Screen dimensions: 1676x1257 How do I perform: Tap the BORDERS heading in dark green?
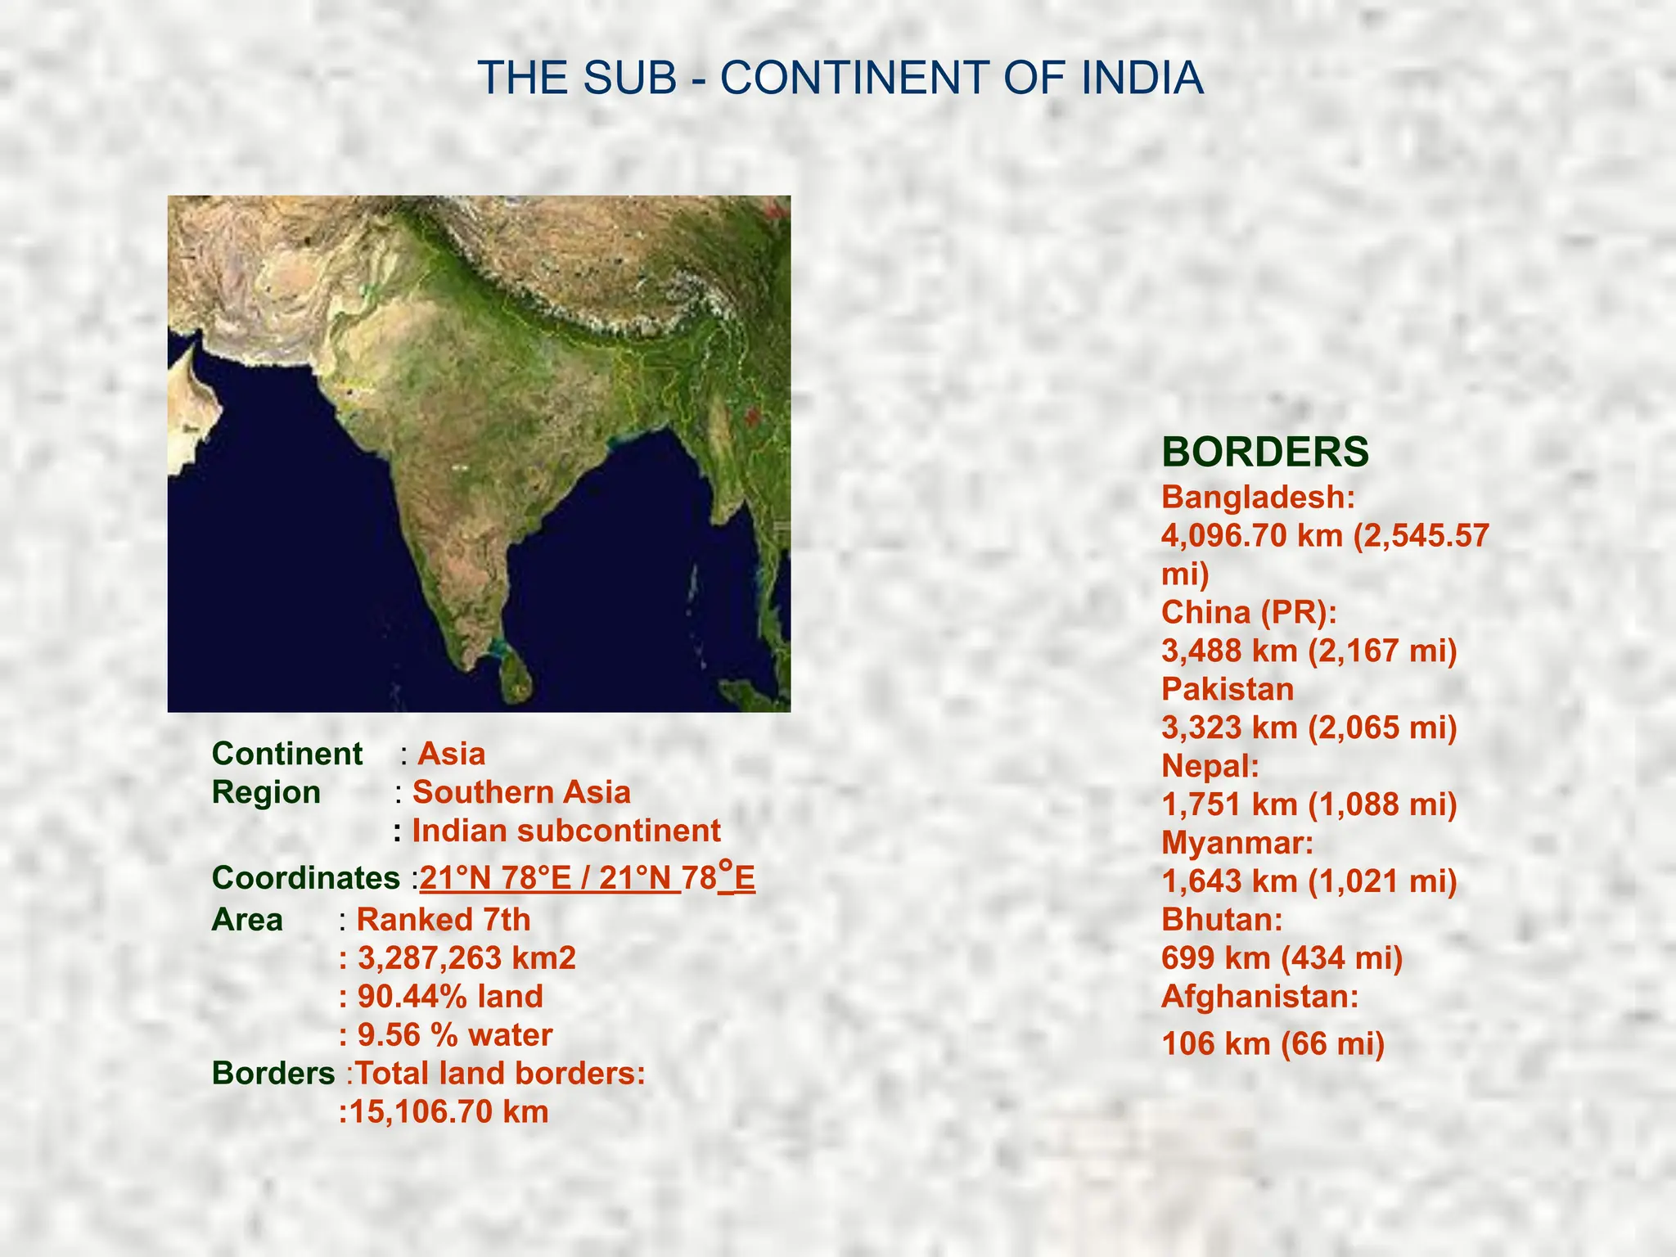[x=1265, y=452]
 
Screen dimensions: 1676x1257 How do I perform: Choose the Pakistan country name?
[x=1228, y=689]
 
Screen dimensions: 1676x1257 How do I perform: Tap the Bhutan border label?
[x=1222, y=920]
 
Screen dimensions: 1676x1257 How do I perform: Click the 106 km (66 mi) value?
[x=1273, y=1043]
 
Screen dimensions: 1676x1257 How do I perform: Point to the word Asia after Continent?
[x=451, y=754]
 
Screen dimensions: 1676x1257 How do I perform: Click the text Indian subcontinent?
[x=566, y=831]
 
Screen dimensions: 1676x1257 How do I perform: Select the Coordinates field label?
[x=306, y=878]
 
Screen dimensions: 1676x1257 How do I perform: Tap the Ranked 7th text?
[x=444, y=920]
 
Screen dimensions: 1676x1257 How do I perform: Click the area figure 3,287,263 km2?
[x=466, y=957]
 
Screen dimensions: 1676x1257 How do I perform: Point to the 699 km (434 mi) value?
[x=1282, y=957]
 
